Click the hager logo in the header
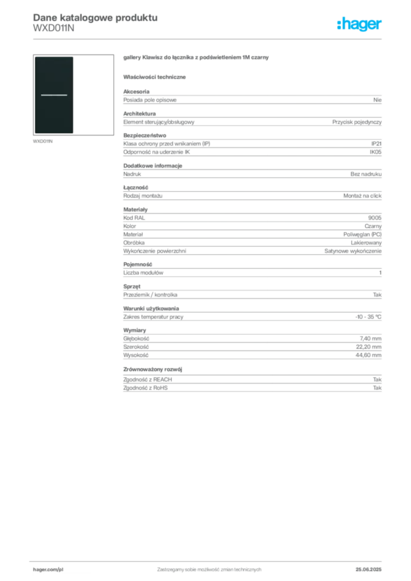[x=359, y=24]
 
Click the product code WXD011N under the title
[x=54, y=28]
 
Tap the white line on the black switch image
[x=54, y=95]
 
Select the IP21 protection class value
[x=376, y=144]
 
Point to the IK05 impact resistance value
[x=375, y=152]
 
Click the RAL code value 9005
[x=375, y=218]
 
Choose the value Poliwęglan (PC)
[x=362, y=234]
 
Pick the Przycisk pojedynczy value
[x=357, y=122]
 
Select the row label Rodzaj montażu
[x=142, y=196]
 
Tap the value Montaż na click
[x=362, y=196]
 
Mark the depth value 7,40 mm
[x=370, y=339]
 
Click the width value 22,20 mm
[x=368, y=347]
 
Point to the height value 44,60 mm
[x=368, y=355]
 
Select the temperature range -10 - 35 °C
[x=368, y=317]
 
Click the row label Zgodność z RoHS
[x=145, y=388]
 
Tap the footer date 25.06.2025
[x=368, y=570]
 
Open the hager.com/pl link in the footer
[x=48, y=570]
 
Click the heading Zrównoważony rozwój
[x=153, y=369]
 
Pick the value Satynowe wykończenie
[x=353, y=251]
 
